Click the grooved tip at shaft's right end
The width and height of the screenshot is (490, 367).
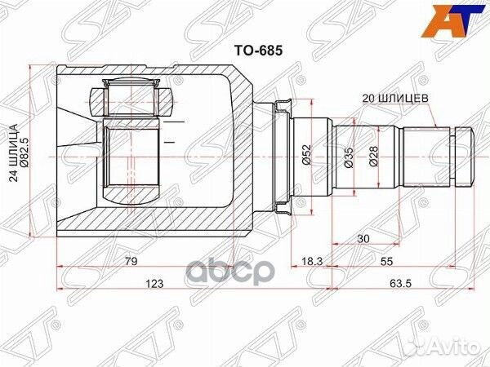coord(463,155)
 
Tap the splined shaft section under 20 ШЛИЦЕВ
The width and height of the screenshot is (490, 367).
coord(424,155)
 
